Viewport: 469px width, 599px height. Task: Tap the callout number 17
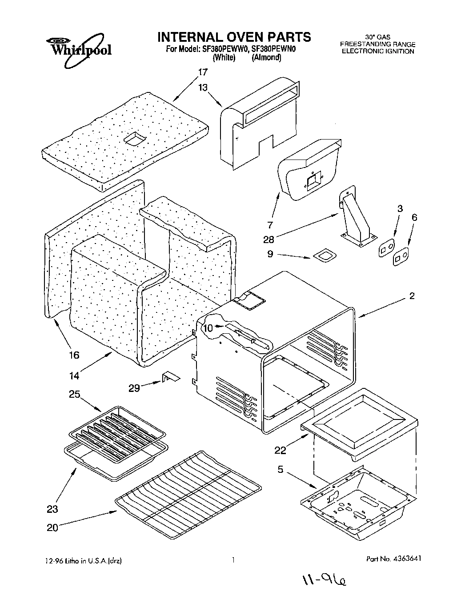(203, 72)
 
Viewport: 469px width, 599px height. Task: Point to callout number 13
(203, 88)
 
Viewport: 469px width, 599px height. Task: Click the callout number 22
(280, 450)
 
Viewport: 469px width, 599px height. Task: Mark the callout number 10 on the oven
(208, 328)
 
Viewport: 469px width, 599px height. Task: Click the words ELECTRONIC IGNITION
(377, 51)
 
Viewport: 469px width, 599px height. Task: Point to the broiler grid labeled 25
(117, 425)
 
